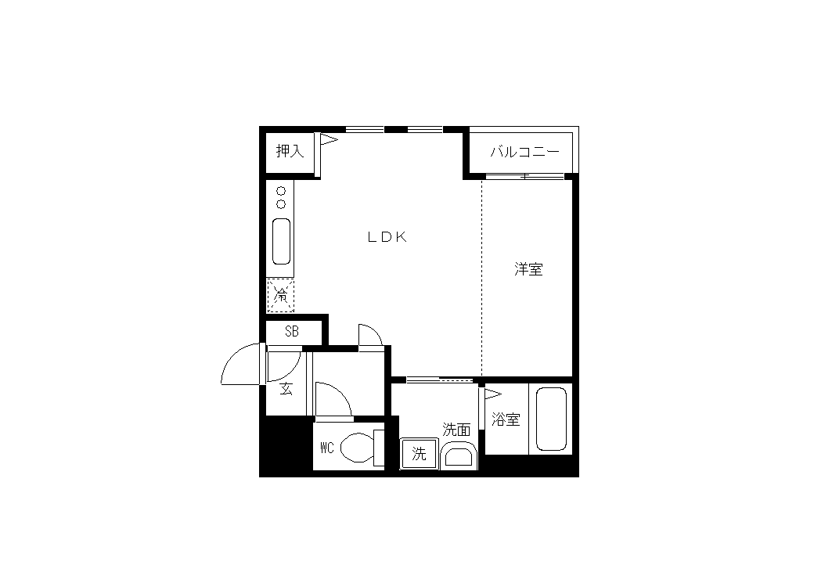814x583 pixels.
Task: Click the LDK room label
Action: click(x=387, y=237)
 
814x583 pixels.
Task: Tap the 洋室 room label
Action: click(x=528, y=269)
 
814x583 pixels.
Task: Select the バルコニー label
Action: click(x=525, y=152)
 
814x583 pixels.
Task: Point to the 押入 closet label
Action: click(x=290, y=151)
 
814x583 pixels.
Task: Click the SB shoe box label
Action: click(x=292, y=331)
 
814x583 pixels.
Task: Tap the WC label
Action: click(x=326, y=448)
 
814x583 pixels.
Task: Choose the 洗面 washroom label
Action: click(x=456, y=430)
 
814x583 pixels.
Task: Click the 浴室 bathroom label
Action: click(x=506, y=419)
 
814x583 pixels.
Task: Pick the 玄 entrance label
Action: click(x=286, y=388)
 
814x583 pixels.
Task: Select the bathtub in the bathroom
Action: click(x=551, y=419)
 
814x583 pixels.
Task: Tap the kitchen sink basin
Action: click(x=281, y=241)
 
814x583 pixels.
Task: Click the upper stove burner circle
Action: click(x=281, y=191)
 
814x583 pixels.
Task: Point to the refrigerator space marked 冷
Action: click(x=280, y=296)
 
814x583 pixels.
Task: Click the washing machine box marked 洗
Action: click(x=419, y=454)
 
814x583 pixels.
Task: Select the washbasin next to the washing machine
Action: click(x=459, y=455)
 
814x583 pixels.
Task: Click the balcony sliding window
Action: click(x=525, y=177)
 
